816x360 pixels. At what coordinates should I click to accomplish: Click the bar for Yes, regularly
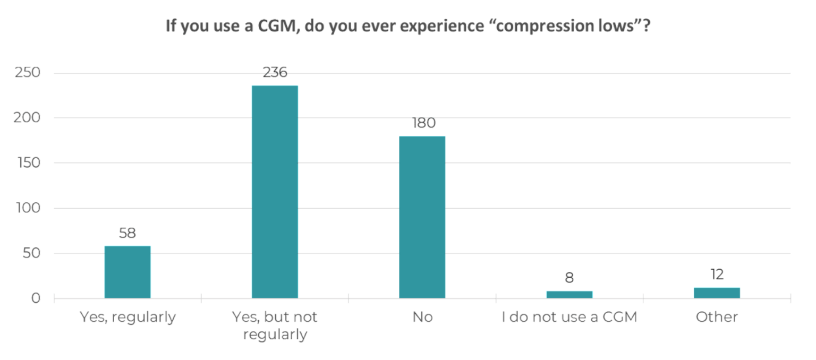[127, 272]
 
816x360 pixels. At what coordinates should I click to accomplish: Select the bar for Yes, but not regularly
[275, 192]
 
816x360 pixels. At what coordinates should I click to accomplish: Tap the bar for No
[422, 217]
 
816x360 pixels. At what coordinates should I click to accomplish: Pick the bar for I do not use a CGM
[569, 295]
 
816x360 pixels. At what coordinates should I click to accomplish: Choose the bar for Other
[717, 293]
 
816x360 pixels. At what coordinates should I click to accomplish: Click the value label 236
[275, 73]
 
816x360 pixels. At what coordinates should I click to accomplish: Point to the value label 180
[423, 123]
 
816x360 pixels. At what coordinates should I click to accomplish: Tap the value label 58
[127, 233]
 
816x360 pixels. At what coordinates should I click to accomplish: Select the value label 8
[569, 278]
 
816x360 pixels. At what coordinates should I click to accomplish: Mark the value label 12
[717, 275]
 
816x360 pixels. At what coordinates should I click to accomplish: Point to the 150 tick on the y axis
[27, 163]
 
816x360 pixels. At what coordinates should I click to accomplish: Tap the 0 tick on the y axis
[36, 298]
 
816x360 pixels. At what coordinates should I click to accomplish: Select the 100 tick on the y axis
[27, 208]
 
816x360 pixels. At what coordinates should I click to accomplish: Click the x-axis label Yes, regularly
[127, 318]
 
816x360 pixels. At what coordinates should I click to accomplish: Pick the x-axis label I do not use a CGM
[569, 318]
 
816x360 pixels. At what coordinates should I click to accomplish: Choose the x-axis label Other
[717, 318]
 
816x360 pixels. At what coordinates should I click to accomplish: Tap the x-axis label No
[422, 318]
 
